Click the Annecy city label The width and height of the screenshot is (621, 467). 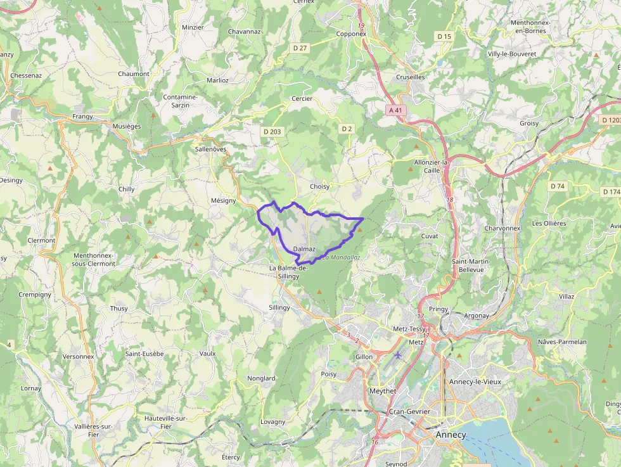(x=451, y=435)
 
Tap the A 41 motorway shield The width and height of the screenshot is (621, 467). (x=395, y=110)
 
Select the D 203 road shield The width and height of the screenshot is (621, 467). (x=272, y=132)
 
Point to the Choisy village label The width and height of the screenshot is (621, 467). (x=319, y=187)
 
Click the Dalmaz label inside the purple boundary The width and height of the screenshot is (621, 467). (x=304, y=250)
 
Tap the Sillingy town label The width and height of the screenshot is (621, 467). (x=279, y=307)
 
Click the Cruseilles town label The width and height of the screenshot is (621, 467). (x=410, y=77)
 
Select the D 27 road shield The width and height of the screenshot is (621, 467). (x=300, y=48)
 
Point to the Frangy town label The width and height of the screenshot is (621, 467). (x=82, y=117)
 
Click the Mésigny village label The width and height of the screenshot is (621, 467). (x=223, y=201)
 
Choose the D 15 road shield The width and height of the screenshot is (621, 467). (x=444, y=37)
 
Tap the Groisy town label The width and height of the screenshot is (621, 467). (x=528, y=123)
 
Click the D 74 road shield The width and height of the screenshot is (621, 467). (x=557, y=186)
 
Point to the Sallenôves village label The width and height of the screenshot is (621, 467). (x=211, y=150)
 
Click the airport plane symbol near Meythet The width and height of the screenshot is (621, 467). (x=398, y=355)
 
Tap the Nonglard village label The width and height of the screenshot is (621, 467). (x=261, y=378)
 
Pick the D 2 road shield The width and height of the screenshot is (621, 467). (x=346, y=129)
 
